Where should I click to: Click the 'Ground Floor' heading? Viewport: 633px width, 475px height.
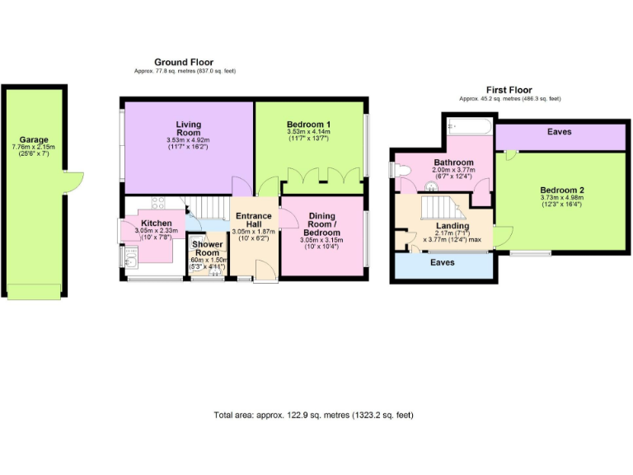pyautogui.click(x=185, y=62)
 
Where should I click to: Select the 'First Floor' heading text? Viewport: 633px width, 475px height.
pyautogui.click(x=509, y=90)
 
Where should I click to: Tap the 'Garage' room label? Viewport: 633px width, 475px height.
pyautogui.click(x=35, y=140)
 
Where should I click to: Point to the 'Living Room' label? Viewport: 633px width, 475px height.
pyautogui.click(x=188, y=129)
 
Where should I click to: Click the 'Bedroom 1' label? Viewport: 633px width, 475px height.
pyautogui.click(x=308, y=123)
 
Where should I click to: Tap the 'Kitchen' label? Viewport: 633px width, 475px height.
pyautogui.click(x=156, y=223)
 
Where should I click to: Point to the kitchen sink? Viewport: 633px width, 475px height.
pyautogui.click(x=129, y=258)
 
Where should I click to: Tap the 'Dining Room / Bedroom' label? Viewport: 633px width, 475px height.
pyautogui.click(x=321, y=224)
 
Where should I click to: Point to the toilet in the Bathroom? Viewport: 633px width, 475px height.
pyautogui.click(x=402, y=171)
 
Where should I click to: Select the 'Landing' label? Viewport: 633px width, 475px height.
pyautogui.click(x=452, y=226)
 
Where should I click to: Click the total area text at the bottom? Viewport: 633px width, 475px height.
pyautogui.click(x=313, y=414)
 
